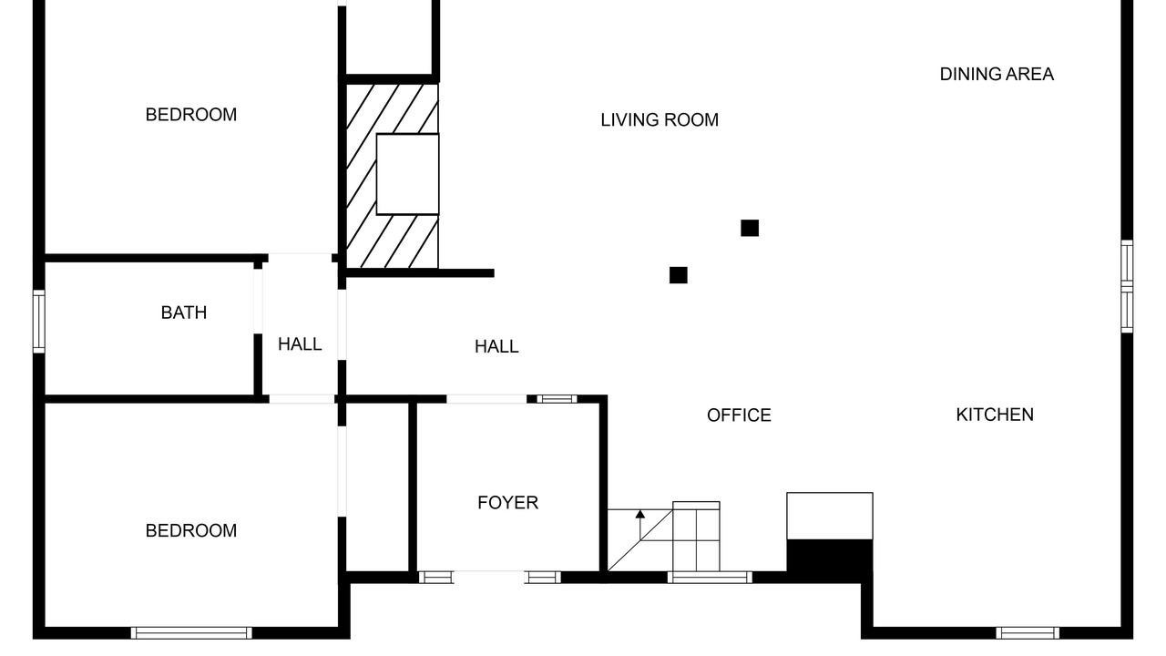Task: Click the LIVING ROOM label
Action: tap(660, 120)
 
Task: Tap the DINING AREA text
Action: tap(997, 75)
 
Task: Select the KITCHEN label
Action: tap(995, 415)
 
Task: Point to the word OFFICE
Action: tap(739, 415)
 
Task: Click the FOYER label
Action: tap(508, 503)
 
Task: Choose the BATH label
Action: tap(184, 313)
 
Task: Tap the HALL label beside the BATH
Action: tap(300, 344)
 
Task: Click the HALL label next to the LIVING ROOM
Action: tap(496, 347)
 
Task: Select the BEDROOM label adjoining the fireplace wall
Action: tap(191, 115)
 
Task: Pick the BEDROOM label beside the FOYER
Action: tap(191, 531)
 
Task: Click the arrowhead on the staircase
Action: tap(640, 514)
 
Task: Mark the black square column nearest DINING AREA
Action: tap(750, 228)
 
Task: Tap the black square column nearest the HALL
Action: tap(679, 275)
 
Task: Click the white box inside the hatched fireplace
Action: tap(407, 174)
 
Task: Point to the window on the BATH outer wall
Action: tap(38, 322)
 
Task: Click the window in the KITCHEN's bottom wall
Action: tap(1028, 633)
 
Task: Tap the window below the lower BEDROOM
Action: tap(191, 633)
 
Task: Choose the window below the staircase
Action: tap(710, 577)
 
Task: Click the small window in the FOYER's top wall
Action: tap(557, 399)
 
